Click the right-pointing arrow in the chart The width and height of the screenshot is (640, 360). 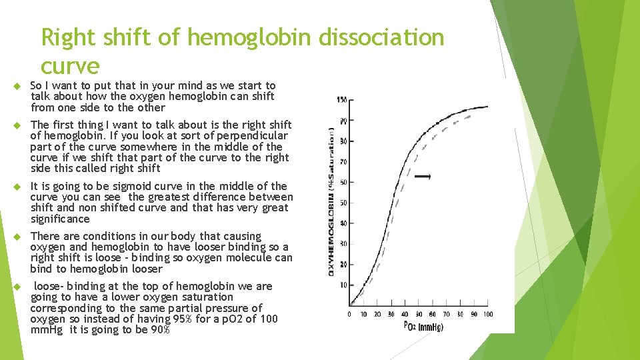(423, 177)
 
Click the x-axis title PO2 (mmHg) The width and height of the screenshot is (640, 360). (423, 325)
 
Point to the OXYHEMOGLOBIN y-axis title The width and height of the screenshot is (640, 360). (331, 200)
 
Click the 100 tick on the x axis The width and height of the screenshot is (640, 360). (488, 314)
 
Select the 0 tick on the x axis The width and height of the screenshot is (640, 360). (349, 314)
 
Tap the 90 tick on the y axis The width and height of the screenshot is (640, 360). (342, 120)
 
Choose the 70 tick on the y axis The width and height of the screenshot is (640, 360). (342, 161)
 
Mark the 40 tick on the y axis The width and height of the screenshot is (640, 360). (342, 223)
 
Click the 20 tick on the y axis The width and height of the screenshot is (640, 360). (342, 265)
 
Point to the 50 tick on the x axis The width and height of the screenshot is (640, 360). (419, 314)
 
